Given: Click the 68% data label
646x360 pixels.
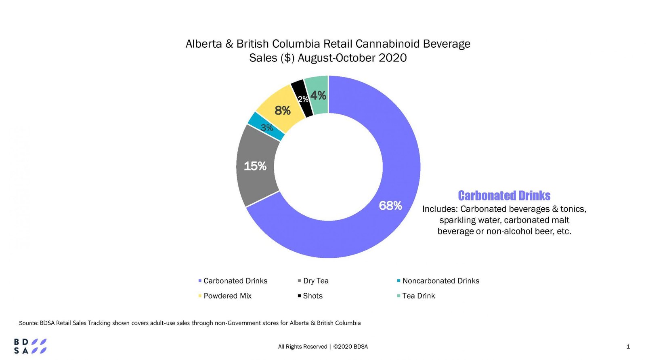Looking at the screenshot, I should (x=390, y=206).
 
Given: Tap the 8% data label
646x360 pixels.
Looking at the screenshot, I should (x=282, y=110).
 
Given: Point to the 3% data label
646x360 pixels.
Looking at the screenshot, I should (x=266, y=128).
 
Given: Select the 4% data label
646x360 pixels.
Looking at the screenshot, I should (x=318, y=95).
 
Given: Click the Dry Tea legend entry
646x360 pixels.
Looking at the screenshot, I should (x=315, y=281).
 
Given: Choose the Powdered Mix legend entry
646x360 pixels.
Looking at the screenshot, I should (x=227, y=296).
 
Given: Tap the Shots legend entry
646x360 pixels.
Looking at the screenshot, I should (x=313, y=296).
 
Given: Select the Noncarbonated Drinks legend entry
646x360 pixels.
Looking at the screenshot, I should (x=440, y=281).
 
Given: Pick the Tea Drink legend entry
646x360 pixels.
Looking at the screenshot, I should (x=418, y=296).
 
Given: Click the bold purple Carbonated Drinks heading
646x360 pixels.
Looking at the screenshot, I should (x=504, y=196).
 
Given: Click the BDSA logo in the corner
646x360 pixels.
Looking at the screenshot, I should (x=30, y=346).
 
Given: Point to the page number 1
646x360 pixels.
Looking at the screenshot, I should (x=628, y=346).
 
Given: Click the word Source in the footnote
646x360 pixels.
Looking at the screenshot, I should (x=28, y=323).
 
